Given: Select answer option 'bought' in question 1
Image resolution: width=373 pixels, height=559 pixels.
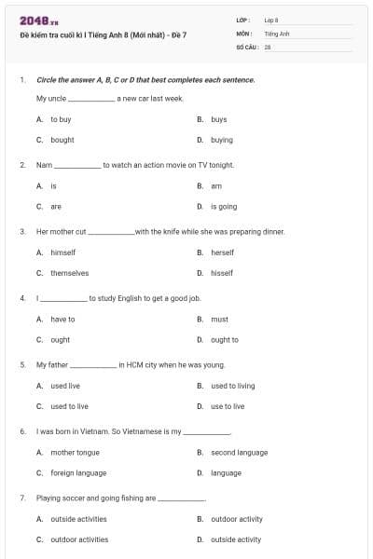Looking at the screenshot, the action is pos(62,140).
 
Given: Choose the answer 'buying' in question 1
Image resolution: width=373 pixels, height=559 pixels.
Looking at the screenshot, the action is pos(221,140).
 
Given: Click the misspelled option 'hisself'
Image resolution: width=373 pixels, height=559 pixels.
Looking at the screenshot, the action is pos(222,273).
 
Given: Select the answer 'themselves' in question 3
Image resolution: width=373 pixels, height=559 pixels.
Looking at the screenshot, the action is pos(70,273).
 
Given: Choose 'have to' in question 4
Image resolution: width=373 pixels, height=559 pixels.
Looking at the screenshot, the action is pos(62,319).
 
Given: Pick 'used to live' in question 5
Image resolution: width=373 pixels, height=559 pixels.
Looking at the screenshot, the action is pos(69,406).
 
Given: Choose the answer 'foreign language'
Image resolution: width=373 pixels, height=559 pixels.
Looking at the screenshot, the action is pos(78,473).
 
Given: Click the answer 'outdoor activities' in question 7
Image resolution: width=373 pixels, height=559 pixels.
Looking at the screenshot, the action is pos(79,539).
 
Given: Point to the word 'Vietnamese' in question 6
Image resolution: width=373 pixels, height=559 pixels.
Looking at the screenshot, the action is pos(139,432).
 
